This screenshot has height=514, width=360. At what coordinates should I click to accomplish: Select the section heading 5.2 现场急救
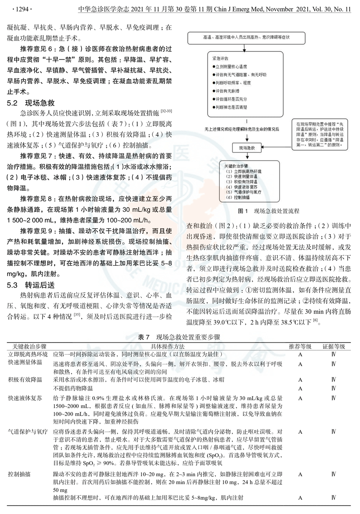coord(31,103)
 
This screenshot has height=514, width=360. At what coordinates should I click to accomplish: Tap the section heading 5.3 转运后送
coord(31,285)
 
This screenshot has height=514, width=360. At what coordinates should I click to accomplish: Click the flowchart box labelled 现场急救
coord(247,148)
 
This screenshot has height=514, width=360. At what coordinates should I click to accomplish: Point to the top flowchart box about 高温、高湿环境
coord(246,37)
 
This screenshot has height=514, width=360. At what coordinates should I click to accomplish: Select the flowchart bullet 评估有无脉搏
coord(227,91)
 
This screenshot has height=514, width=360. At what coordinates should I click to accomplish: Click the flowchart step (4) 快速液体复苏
coord(241,187)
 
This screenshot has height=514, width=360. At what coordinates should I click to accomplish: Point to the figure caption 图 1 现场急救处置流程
coord(268,211)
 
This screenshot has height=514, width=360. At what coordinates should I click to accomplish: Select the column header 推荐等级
coord(300,346)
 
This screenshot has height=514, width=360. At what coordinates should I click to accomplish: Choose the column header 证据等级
coord(333,346)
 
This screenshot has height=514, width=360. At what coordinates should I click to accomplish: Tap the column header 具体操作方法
coord(168,346)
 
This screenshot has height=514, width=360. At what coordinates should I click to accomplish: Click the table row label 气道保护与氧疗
coord(28,432)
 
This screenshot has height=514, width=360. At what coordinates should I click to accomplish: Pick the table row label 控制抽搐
coord(19,474)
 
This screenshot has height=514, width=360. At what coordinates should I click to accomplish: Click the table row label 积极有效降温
coord(25,379)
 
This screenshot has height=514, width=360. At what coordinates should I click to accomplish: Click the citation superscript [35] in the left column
coord(76,315)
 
